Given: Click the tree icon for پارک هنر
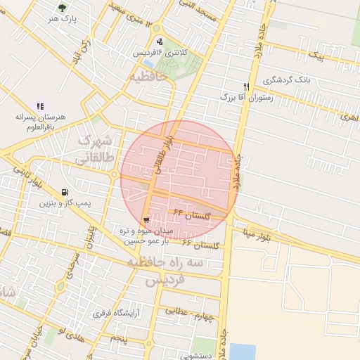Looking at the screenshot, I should point(63,8).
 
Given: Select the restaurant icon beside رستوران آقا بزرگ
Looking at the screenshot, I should point(246,86).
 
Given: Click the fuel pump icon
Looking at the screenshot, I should point(65,192).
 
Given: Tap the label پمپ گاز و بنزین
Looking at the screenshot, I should point(65,203).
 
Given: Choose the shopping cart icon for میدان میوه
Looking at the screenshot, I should point(146,220).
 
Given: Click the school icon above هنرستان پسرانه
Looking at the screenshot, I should point(39,105).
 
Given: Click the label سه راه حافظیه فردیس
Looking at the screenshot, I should point(165,271).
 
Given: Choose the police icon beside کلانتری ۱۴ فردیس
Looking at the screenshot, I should point(160,41).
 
